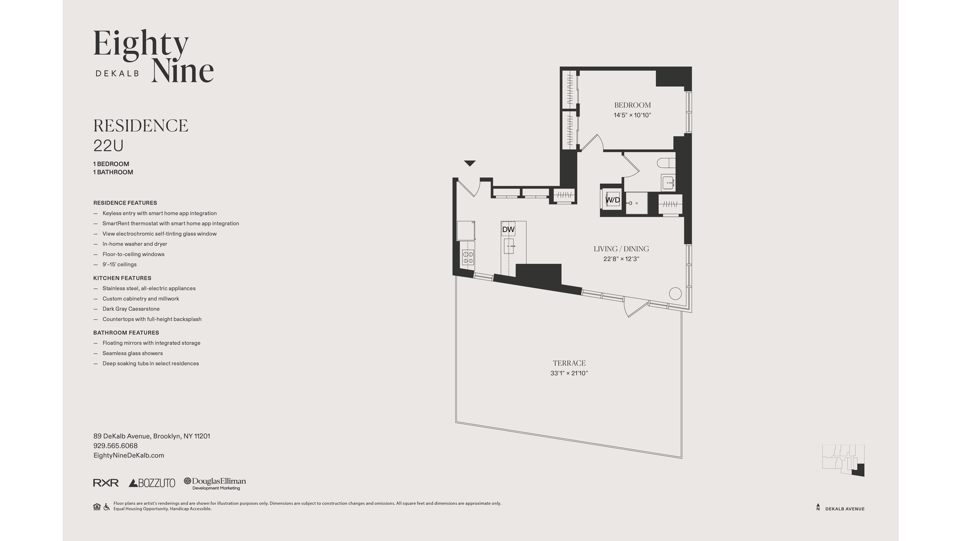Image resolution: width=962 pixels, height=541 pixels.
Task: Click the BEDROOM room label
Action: click(632, 105)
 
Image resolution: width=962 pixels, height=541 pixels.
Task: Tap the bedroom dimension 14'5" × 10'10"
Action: click(632, 115)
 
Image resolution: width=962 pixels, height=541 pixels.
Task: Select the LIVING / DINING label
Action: click(621, 249)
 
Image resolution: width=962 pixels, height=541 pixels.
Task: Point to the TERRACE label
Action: click(569, 363)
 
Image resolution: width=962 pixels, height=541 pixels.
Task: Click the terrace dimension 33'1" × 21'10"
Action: click(569, 373)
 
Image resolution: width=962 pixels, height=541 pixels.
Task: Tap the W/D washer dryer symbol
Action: click(613, 200)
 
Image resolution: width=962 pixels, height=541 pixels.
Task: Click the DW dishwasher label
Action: click(508, 229)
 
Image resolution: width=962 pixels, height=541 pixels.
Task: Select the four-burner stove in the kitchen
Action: click(468, 257)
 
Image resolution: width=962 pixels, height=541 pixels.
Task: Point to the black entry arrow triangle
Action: click(469, 163)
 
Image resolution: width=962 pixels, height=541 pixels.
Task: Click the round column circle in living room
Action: click(675, 294)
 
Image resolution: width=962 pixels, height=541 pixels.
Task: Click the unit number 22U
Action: click(108, 146)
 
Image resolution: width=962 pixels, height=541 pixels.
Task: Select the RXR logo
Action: click(106, 483)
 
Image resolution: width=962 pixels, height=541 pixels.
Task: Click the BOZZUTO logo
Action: click(152, 483)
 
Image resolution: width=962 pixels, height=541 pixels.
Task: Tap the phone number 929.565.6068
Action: click(115, 446)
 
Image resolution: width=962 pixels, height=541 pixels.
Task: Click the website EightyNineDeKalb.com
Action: click(129, 455)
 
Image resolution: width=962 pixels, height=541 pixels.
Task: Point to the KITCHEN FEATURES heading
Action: click(122, 278)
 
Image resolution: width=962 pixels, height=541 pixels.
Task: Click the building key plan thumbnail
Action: click(843, 460)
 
